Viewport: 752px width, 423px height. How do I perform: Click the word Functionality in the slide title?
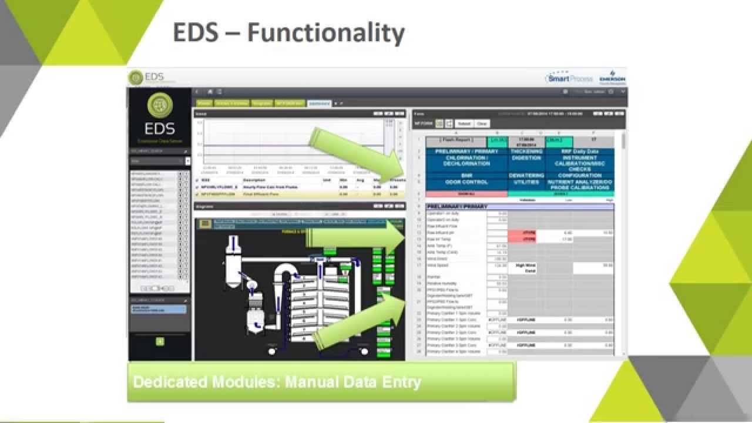326,33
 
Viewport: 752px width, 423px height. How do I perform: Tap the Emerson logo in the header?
612,79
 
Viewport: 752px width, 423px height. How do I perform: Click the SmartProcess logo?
569,78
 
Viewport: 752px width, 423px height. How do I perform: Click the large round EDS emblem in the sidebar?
159,105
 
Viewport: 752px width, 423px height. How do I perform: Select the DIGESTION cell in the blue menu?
526,158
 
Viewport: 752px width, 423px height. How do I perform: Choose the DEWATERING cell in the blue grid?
526,175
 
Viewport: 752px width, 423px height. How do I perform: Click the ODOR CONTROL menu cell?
466,182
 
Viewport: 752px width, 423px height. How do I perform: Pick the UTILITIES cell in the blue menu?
526,182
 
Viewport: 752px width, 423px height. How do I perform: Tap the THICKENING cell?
526,151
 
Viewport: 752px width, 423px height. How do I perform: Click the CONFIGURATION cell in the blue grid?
579,175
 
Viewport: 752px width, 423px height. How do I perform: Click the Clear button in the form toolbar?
482,124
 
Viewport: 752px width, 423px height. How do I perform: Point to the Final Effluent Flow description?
259,193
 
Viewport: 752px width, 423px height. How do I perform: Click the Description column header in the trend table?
255,180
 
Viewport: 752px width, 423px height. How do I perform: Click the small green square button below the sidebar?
160,341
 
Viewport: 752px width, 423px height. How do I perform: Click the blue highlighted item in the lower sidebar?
159,309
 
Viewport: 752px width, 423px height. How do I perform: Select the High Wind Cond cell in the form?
526,268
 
